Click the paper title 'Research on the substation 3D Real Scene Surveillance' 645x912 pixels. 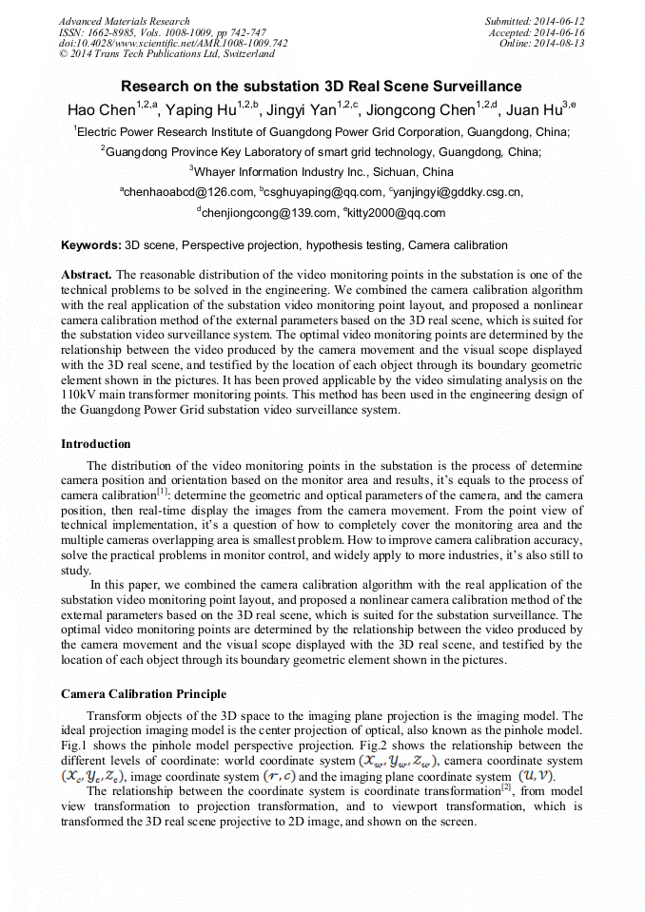tap(322, 87)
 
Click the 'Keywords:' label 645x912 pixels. tap(90, 245)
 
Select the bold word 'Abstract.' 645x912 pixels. tap(87, 273)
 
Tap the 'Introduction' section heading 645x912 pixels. tap(96, 444)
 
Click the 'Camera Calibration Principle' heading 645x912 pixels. tap(144, 694)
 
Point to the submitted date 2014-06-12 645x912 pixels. tap(557, 21)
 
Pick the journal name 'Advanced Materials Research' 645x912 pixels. tap(125, 21)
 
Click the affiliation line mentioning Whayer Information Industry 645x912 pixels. tap(322, 172)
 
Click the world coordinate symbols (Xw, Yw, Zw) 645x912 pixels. tap(398, 761)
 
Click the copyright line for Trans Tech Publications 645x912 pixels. tap(166, 54)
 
